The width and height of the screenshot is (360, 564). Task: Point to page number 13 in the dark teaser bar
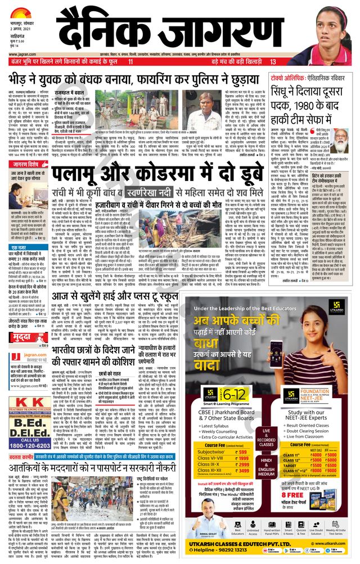273,61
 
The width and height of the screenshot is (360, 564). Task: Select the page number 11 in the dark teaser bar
130,61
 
